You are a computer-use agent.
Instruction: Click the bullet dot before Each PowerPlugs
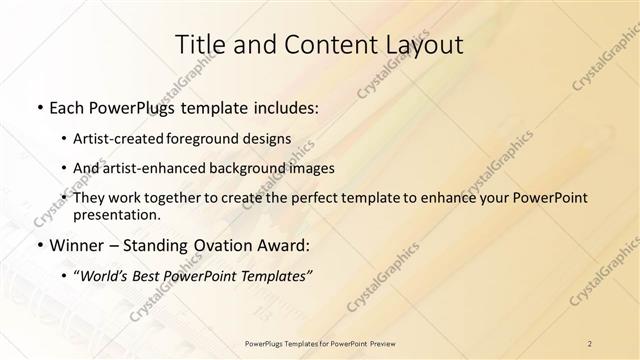tap(38, 106)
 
